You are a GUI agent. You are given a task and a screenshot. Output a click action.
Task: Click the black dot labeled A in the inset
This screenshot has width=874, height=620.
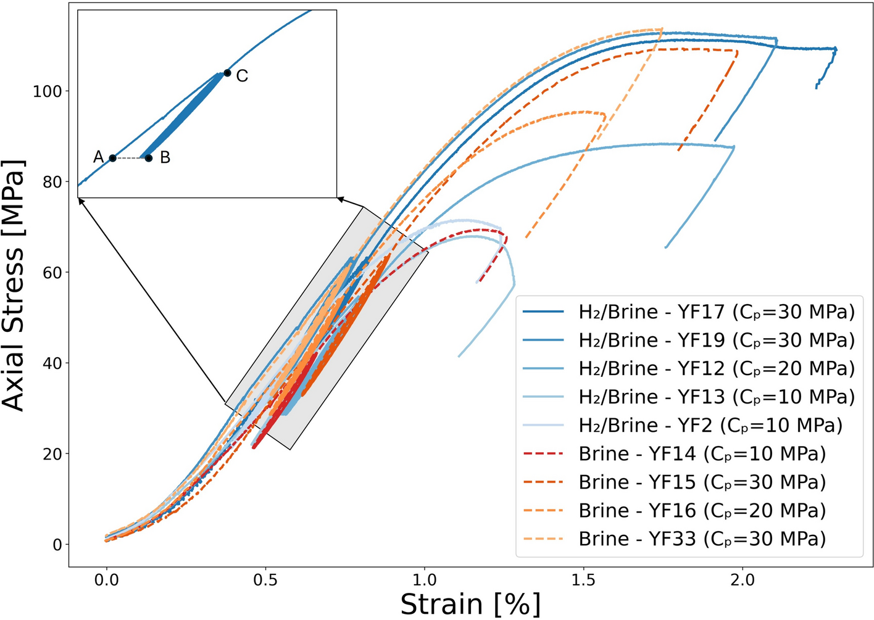112,159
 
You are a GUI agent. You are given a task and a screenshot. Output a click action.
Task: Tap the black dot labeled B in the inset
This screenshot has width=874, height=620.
149,159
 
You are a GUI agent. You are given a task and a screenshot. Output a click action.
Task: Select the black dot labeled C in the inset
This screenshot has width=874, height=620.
227,73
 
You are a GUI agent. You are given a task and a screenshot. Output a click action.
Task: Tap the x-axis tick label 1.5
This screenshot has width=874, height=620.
583,581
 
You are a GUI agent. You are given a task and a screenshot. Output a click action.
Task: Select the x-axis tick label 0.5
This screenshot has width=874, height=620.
265,581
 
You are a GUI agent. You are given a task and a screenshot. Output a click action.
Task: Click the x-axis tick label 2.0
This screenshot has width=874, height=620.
743,581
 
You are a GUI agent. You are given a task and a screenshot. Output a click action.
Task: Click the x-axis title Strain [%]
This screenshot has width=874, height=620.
470,604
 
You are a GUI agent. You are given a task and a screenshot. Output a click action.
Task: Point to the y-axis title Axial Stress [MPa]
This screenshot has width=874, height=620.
14,285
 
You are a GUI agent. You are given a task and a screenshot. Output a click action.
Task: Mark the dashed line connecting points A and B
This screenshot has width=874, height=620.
130,159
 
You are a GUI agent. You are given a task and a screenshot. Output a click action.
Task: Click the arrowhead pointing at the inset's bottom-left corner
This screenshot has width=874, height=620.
81,200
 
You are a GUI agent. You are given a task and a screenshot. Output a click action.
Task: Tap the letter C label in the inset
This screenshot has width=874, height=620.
242,76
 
